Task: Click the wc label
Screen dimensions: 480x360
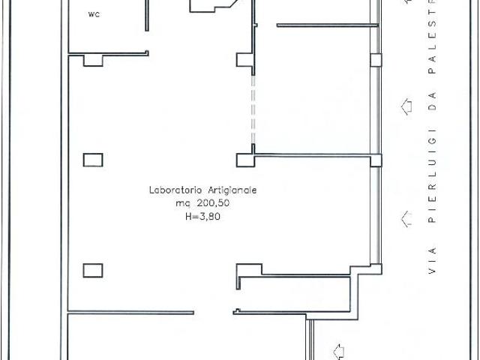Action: coord(94,14)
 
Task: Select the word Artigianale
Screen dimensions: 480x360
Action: coord(232,190)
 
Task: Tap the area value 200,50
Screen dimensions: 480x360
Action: coord(213,203)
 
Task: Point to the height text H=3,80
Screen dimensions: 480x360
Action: coord(202,217)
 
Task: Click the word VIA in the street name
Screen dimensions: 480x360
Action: coord(432,260)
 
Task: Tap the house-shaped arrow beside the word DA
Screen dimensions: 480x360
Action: coord(406,106)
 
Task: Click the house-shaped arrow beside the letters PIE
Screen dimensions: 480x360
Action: coord(406,219)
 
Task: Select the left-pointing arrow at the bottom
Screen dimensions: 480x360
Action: coord(338,352)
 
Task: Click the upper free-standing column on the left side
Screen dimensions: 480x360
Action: coord(93,160)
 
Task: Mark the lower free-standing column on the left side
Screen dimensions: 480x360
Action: coord(93,271)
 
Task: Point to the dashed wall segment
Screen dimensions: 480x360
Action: coord(253,109)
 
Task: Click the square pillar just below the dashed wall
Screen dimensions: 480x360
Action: coord(245,160)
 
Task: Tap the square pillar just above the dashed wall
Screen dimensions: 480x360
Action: coord(244,60)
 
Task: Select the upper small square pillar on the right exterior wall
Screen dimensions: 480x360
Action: coord(376,60)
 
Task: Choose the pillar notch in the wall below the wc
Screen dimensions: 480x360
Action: coord(93,61)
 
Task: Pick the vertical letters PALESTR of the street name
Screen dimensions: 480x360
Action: coord(432,37)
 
